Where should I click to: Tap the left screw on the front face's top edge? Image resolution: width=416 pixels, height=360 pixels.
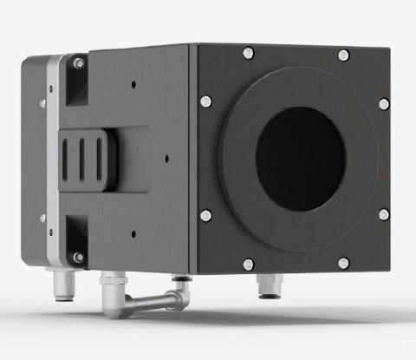pyautogui.click(x=249, y=53)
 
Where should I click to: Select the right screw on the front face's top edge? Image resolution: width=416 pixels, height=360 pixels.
pyautogui.click(x=343, y=55)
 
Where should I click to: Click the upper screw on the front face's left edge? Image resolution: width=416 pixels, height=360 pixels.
pyautogui.click(x=205, y=101)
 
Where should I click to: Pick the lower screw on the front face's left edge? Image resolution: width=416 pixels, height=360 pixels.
pyautogui.click(x=205, y=215)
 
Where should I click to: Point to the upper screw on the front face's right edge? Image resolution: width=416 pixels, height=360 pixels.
pyautogui.click(x=383, y=104)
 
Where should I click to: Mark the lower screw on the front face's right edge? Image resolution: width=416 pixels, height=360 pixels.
pyautogui.click(x=383, y=213)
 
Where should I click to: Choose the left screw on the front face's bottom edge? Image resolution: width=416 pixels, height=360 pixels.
pyautogui.click(x=248, y=264)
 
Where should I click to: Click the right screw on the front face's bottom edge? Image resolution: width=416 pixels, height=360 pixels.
pyautogui.click(x=343, y=262)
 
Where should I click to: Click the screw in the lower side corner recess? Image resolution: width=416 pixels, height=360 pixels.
pyautogui.click(x=79, y=257)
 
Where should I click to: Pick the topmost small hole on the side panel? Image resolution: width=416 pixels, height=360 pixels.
pyautogui.click(x=133, y=85)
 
